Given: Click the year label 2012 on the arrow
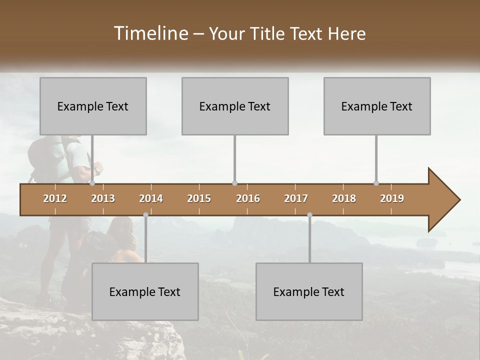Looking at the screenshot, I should coord(55,198).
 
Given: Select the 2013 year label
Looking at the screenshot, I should coord(103,198).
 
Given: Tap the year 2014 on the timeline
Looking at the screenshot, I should coord(151,198).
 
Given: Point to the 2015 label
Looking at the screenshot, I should coord(199,198).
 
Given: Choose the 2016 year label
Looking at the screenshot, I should coord(248,198).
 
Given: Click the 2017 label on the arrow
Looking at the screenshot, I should coord(296,198).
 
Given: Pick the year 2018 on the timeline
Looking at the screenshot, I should coord(344,198).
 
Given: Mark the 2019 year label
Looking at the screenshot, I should coord(392,198).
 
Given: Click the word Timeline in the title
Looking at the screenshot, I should coord(150,33).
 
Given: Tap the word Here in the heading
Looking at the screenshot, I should coord(346,34).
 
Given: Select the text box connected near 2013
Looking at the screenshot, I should coord(93,106).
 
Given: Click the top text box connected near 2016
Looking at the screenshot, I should coord(235,106).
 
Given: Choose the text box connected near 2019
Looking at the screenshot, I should coord(377,106).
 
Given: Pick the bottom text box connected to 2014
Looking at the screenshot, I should coord(145,291).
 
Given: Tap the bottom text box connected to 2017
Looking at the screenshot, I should coord(309,291).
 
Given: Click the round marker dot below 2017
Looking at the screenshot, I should coord(309,215).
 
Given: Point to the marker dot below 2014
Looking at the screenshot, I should coord(145,215).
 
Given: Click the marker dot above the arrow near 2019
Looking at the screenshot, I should coord(376,183).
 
